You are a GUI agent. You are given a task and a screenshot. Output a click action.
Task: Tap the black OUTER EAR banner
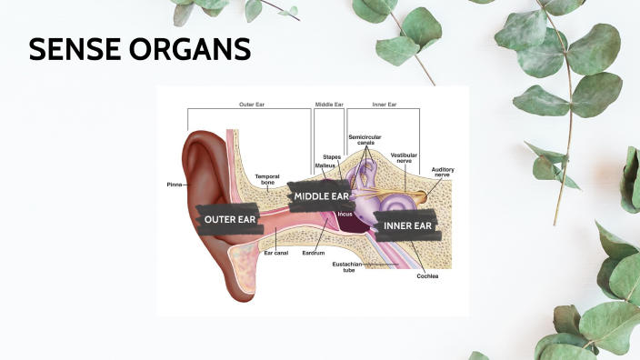click(x=229, y=219)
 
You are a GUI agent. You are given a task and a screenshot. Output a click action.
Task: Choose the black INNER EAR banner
click(x=406, y=225)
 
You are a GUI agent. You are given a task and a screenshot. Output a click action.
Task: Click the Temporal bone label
click(x=266, y=179)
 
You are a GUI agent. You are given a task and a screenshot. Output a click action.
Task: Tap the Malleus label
click(x=325, y=165)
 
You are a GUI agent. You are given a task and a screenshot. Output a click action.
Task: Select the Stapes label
click(x=332, y=157)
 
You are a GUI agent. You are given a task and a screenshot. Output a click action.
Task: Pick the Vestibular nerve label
click(x=404, y=158)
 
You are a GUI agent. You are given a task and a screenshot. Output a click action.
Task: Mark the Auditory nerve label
click(x=443, y=171)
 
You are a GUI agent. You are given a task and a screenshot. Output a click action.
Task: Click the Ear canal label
click(x=276, y=253)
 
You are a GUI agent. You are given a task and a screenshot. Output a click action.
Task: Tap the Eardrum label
click(x=314, y=253)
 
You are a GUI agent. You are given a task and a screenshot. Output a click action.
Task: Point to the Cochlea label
click(x=427, y=275)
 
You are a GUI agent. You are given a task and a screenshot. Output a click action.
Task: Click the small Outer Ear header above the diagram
click(x=251, y=105)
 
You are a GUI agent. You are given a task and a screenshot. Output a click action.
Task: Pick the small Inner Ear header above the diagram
click(x=385, y=105)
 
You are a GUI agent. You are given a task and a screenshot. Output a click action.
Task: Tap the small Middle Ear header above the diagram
click(x=328, y=105)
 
